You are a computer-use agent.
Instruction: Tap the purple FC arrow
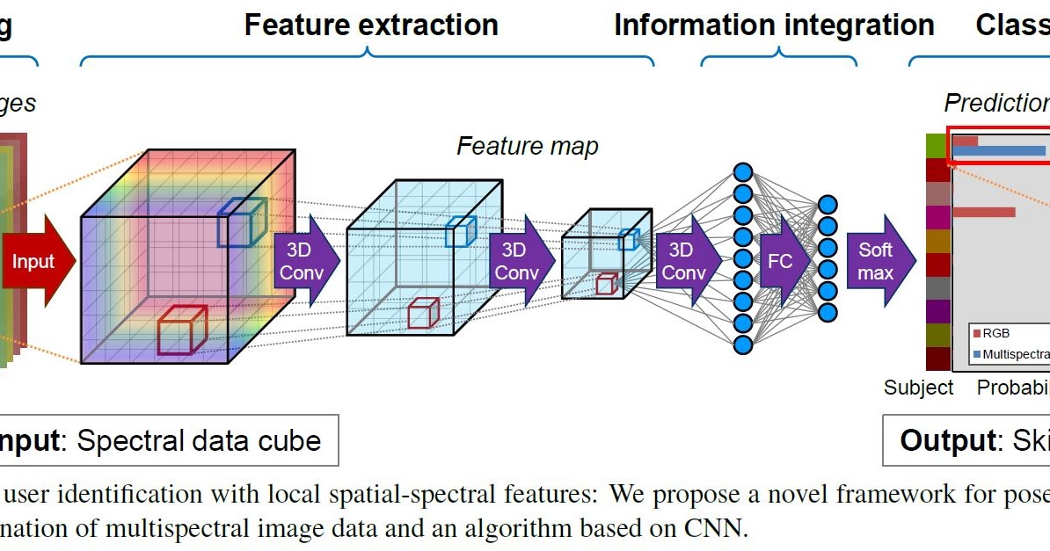(782, 261)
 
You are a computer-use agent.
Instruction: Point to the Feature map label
(527, 146)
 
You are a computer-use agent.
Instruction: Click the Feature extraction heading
(371, 25)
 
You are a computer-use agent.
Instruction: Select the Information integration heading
(774, 25)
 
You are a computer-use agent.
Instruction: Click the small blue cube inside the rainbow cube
(241, 221)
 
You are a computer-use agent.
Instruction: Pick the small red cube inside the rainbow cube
(181, 330)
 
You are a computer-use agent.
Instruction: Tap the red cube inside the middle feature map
(423, 314)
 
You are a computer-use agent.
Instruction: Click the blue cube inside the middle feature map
(460, 231)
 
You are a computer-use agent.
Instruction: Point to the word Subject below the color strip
(918, 388)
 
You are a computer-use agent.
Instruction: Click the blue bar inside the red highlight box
(998, 151)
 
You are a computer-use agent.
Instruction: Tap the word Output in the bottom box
(946, 440)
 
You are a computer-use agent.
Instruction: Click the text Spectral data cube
(199, 440)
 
